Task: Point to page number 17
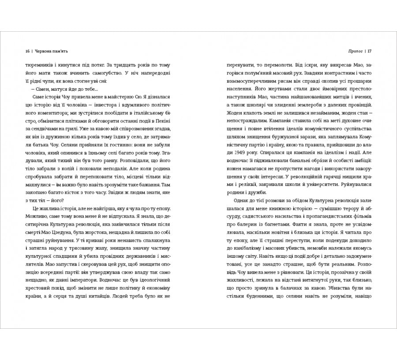[x=370, y=50]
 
